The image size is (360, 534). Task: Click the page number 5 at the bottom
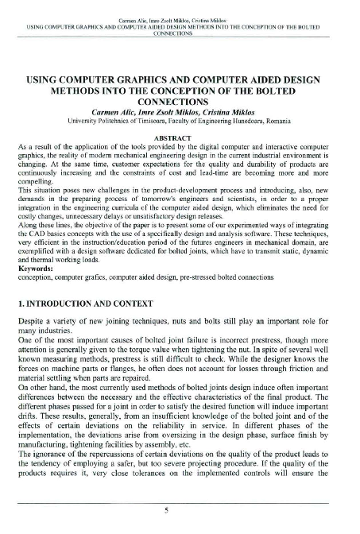[x=180, y=511]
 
